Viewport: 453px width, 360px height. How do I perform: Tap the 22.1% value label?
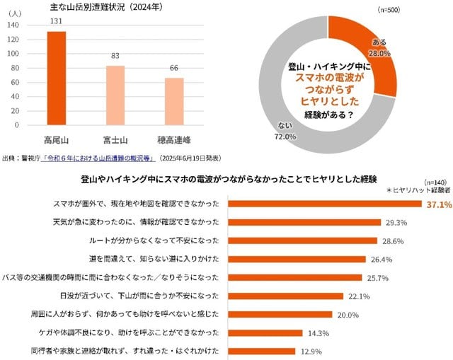[x=360, y=296]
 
